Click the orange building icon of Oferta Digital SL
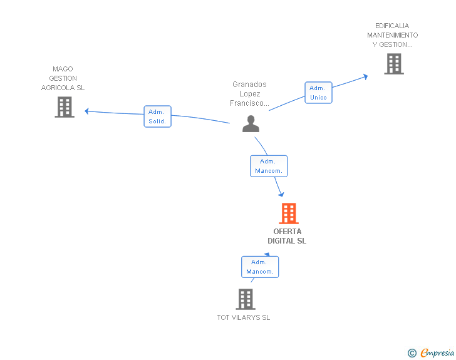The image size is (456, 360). pos(289,213)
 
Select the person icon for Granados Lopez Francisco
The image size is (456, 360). pos(251,124)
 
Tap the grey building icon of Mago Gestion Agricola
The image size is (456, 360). pos(65,107)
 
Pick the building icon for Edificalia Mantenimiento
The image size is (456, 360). pos(394,64)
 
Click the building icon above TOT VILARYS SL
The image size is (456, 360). pos(246,299)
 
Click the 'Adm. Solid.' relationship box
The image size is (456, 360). pos(158,116)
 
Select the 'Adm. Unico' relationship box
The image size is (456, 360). pos(318,93)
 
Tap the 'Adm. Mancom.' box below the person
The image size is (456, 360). pos(269,166)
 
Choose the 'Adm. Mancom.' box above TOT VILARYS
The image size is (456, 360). pos(260,267)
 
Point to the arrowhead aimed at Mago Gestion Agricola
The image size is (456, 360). pos(86,111)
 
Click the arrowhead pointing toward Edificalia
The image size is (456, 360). pos(366,77)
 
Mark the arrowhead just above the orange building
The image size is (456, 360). pos(281,194)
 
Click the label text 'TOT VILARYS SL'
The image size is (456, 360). pos(244,317)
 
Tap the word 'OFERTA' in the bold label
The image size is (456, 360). pos(288,232)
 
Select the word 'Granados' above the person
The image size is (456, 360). pos(249,85)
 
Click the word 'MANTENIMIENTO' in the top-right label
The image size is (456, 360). pos(393,35)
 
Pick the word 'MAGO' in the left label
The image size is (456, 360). pos(63,69)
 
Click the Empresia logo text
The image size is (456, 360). pos(437,352)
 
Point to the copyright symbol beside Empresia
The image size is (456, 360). pos(412,353)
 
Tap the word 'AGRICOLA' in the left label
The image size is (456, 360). pos(58,88)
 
